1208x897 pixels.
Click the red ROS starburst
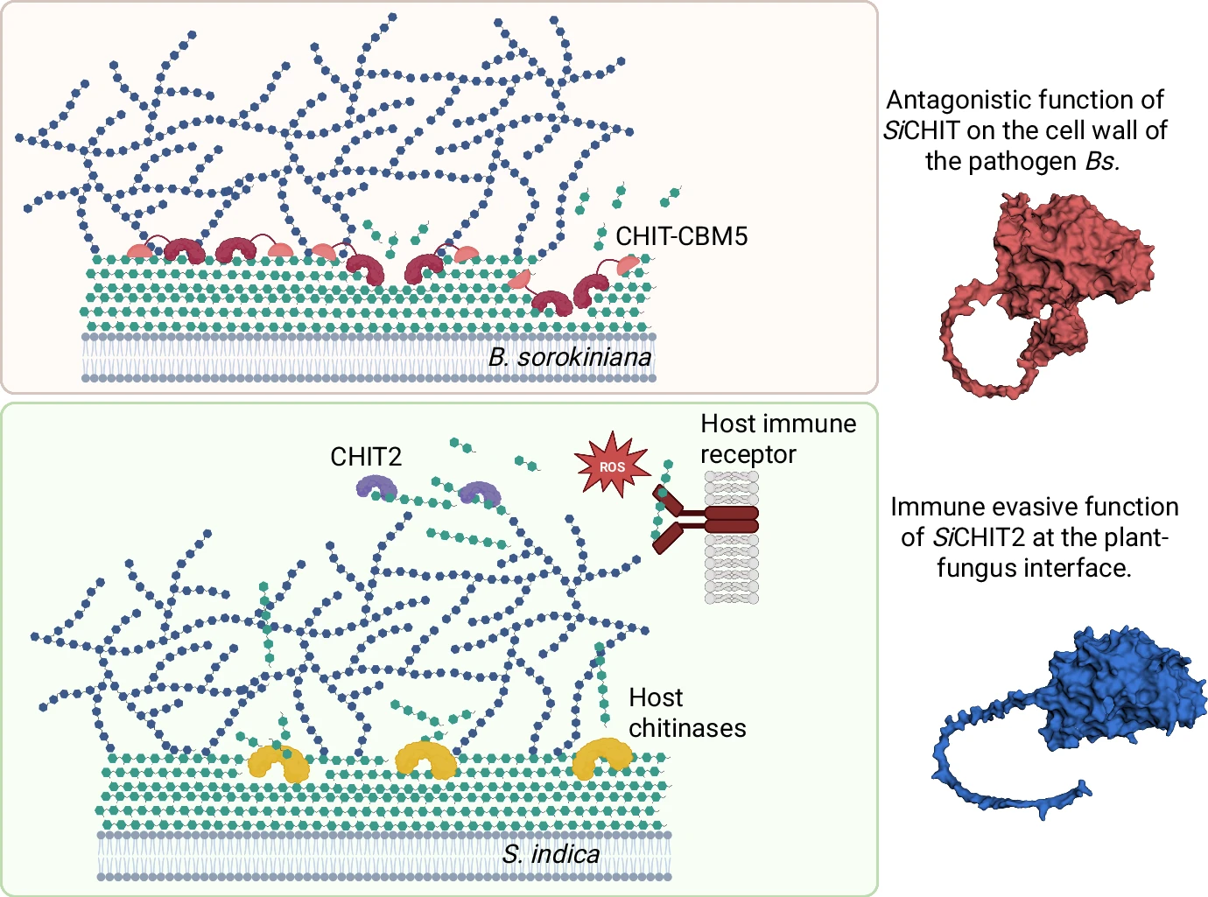(612, 466)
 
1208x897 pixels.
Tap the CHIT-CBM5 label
(681, 236)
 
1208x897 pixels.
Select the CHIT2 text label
(365, 457)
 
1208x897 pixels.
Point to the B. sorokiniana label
(570, 357)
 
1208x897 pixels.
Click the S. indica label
(551, 854)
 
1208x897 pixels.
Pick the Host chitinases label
(686, 712)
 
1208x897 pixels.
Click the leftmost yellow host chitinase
(278, 763)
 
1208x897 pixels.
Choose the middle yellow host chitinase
(425, 760)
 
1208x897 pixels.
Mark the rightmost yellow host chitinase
(602, 757)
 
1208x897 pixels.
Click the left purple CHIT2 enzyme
(376, 486)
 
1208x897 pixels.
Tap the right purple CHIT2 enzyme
(480, 493)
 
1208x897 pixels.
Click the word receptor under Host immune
(748, 455)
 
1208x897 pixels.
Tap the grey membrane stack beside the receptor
(732, 569)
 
